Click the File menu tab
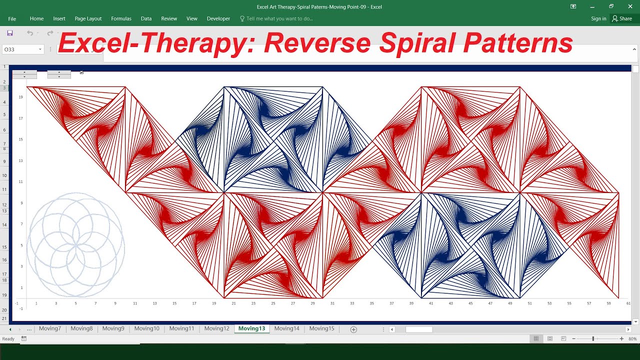[12, 19]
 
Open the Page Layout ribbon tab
[88, 18]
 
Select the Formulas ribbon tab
[121, 18]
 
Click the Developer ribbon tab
[218, 18]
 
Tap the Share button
[622, 18]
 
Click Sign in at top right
[598, 18]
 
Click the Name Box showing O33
[20, 49]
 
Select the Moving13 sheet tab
[251, 328]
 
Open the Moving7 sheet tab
[50, 328]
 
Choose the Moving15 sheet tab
[321, 328]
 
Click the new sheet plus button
[353, 329]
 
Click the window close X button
[630, 6]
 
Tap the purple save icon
[10, 33]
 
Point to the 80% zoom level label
[632, 338]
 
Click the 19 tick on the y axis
[20, 97]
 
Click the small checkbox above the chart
[82, 72]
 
